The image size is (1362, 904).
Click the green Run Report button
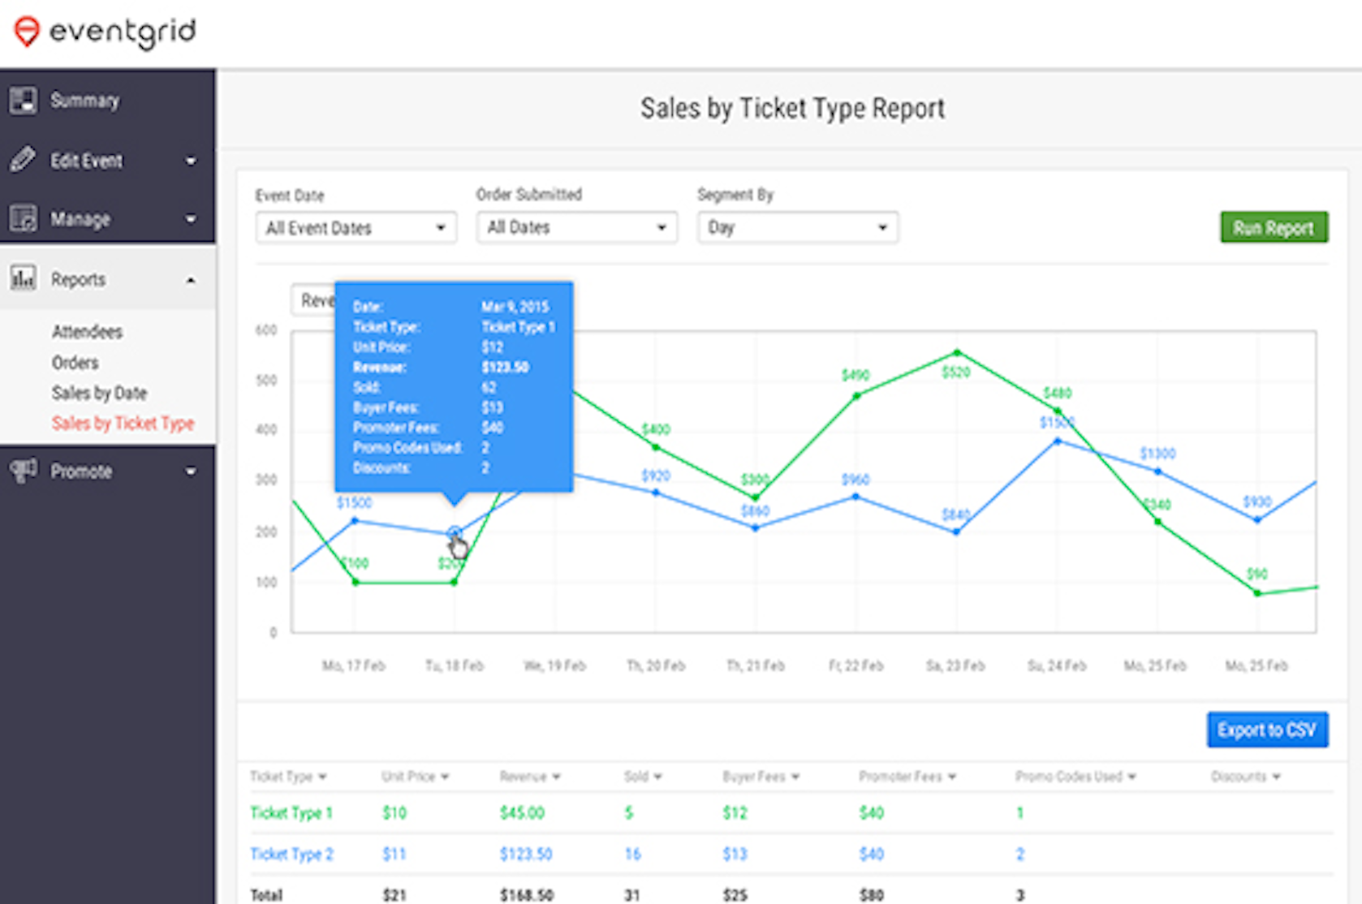(x=1273, y=228)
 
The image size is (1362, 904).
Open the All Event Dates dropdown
(x=356, y=228)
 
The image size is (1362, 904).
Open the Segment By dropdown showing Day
(x=797, y=228)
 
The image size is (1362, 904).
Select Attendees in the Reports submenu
(x=87, y=332)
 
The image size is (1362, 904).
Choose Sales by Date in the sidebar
(x=99, y=394)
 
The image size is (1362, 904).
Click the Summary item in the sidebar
(x=84, y=101)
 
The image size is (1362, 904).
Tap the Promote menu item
(x=81, y=471)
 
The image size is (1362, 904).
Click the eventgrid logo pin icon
(x=27, y=32)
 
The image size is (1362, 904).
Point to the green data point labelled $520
(x=957, y=353)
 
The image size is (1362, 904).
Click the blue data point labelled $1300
(x=1157, y=471)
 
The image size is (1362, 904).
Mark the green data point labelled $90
(x=1257, y=593)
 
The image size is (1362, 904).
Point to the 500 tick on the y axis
(x=266, y=381)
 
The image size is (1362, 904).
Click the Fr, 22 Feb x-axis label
(x=856, y=666)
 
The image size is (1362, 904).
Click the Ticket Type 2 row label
(x=291, y=854)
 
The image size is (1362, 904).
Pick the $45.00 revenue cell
(x=522, y=813)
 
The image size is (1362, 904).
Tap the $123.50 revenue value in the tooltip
(x=505, y=368)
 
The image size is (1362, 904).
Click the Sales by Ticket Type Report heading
(x=792, y=109)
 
